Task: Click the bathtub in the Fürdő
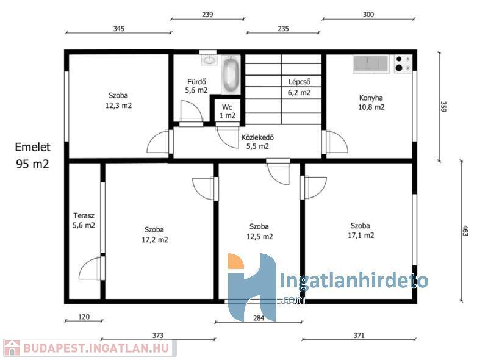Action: click(x=231, y=74)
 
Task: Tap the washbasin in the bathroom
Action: click(x=209, y=59)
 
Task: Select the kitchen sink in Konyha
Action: click(x=371, y=64)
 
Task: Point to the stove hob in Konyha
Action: click(x=403, y=63)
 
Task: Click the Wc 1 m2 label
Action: click(x=227, y=112)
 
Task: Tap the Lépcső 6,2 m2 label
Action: click(x=299, y=87)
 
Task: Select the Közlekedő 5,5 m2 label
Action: click(x=257, y=142)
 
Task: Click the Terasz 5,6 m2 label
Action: click(x=84, y=220)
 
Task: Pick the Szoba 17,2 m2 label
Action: click(x=155, y=235)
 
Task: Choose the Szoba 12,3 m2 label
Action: click(x=118, y=101)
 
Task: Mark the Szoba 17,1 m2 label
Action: click(x=361, y=231)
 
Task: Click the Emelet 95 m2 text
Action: click(x=33, y=156)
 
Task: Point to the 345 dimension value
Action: click(x=118, y=29)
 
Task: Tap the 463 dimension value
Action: click(x=465, y=231)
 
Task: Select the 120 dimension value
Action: click(x=84, y=317)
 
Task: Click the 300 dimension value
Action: click(x=368, y=15)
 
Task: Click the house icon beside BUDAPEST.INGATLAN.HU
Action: click(x=12, y=348)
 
